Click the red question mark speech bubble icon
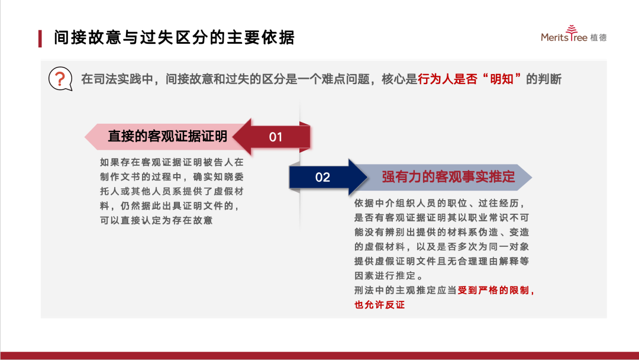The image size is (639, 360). pyautogui.click(x=60, y=79)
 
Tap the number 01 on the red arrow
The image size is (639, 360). pyautogui.click(x=276, y=137)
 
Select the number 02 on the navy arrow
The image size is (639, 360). pyautogui.click(x=322, y=178)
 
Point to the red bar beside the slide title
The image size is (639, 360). pyautogui.click(x=40, y=38)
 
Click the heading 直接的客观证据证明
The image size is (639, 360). pyautogui.click(x=167, y=136)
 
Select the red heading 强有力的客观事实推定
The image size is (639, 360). pyautogui.click(x=448, y=177)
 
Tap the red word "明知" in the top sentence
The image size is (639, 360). pyautogui.click(x=501, y=79)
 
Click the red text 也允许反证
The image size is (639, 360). pyautogui.click(x=379, y=304)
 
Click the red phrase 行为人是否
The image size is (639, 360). pyautogui.click(x=447, y=79)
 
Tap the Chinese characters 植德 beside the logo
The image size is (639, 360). pyautogui.click(x=598, y=37)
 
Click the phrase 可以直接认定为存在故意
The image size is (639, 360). pyautogui.click(x=156, y=221)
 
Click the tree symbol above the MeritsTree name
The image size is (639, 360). pyautogui.click(x=572, y=30)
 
